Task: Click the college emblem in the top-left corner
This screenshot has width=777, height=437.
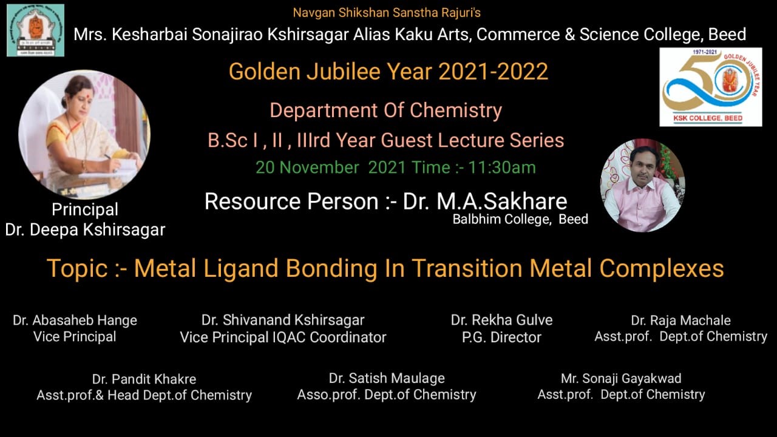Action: point(35,30)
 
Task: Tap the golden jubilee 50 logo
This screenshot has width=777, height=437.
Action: point(710,87)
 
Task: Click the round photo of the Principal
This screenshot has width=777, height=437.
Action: point(84,135)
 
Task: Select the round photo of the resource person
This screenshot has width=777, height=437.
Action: point(642,186)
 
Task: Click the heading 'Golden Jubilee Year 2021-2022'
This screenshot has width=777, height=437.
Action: point(388,72)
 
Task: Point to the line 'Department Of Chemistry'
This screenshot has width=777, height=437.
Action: point(385,110)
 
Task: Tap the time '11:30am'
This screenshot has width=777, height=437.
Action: point(502,168)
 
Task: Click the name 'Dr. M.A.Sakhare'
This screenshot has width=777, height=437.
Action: point(485,202)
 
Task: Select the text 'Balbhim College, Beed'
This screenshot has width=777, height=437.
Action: point(520,219)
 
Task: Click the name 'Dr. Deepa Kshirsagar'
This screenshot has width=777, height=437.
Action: point(86,230)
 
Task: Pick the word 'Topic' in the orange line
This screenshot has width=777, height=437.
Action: point(77,269)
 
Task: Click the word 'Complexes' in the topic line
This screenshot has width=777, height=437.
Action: point(662,269)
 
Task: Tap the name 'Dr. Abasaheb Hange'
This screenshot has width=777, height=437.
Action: point(75,320)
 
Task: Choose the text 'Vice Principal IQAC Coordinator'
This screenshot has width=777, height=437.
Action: point(283,337)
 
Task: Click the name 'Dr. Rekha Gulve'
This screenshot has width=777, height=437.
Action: point(501,320)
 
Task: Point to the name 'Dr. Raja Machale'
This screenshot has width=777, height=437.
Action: point(681,320)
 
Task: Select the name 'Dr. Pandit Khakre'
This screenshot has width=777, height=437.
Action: point(144,379)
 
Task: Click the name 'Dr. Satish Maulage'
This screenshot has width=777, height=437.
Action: point(387,378)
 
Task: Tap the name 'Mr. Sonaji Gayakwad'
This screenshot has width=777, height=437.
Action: point(621,378)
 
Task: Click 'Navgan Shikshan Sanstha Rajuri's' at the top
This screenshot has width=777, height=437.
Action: point(387,13)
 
